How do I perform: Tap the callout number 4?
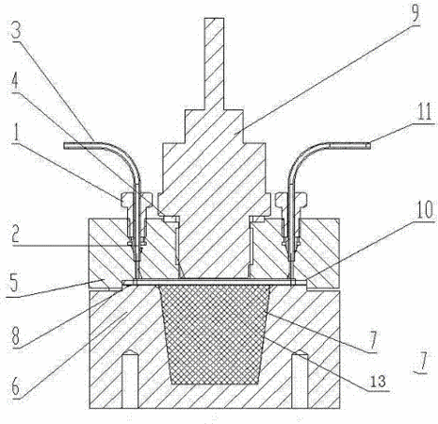click(15, 83)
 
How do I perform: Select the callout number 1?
click(15, 134)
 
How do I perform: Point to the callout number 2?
click(16, 234)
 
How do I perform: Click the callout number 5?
click(15, 283)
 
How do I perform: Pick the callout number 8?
click(16, 337)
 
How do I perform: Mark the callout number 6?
click(16, 386)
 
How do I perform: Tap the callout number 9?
click(415, 14)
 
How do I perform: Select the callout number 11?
click(424, 112)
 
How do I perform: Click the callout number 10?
click(425, 210)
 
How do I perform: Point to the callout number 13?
click(378, 382)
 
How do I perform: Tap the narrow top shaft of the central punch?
click(214, 63)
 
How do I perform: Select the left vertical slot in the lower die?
click(130, 379)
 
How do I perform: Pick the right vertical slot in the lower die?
click(300, 379)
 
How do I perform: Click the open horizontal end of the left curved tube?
click(65, 146)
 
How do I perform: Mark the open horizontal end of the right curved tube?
click(368, 146)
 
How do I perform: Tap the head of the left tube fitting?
click(136, 200)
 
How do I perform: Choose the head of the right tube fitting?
click(291, 200)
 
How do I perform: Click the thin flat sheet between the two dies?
click(215, 283)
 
